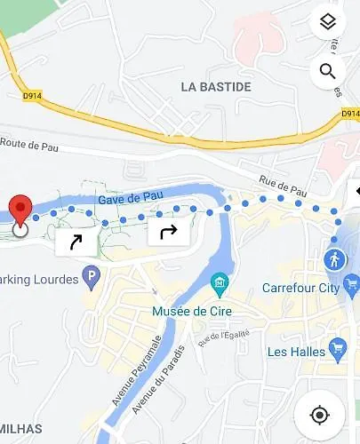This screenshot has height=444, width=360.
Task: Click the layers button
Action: click(327, 23)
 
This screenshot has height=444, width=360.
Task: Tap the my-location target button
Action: click(320, 415)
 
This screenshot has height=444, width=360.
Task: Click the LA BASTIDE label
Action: click(215, 87)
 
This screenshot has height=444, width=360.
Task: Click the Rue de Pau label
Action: click(282, 185)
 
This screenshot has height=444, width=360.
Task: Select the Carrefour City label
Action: click(300, 288)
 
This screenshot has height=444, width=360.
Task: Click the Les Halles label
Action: click(299, 352)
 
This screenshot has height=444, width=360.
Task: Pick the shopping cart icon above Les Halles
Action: click(337, 345)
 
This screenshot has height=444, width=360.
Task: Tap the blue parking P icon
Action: click(91, 279)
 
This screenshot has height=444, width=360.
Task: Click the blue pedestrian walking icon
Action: click(334, 260)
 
